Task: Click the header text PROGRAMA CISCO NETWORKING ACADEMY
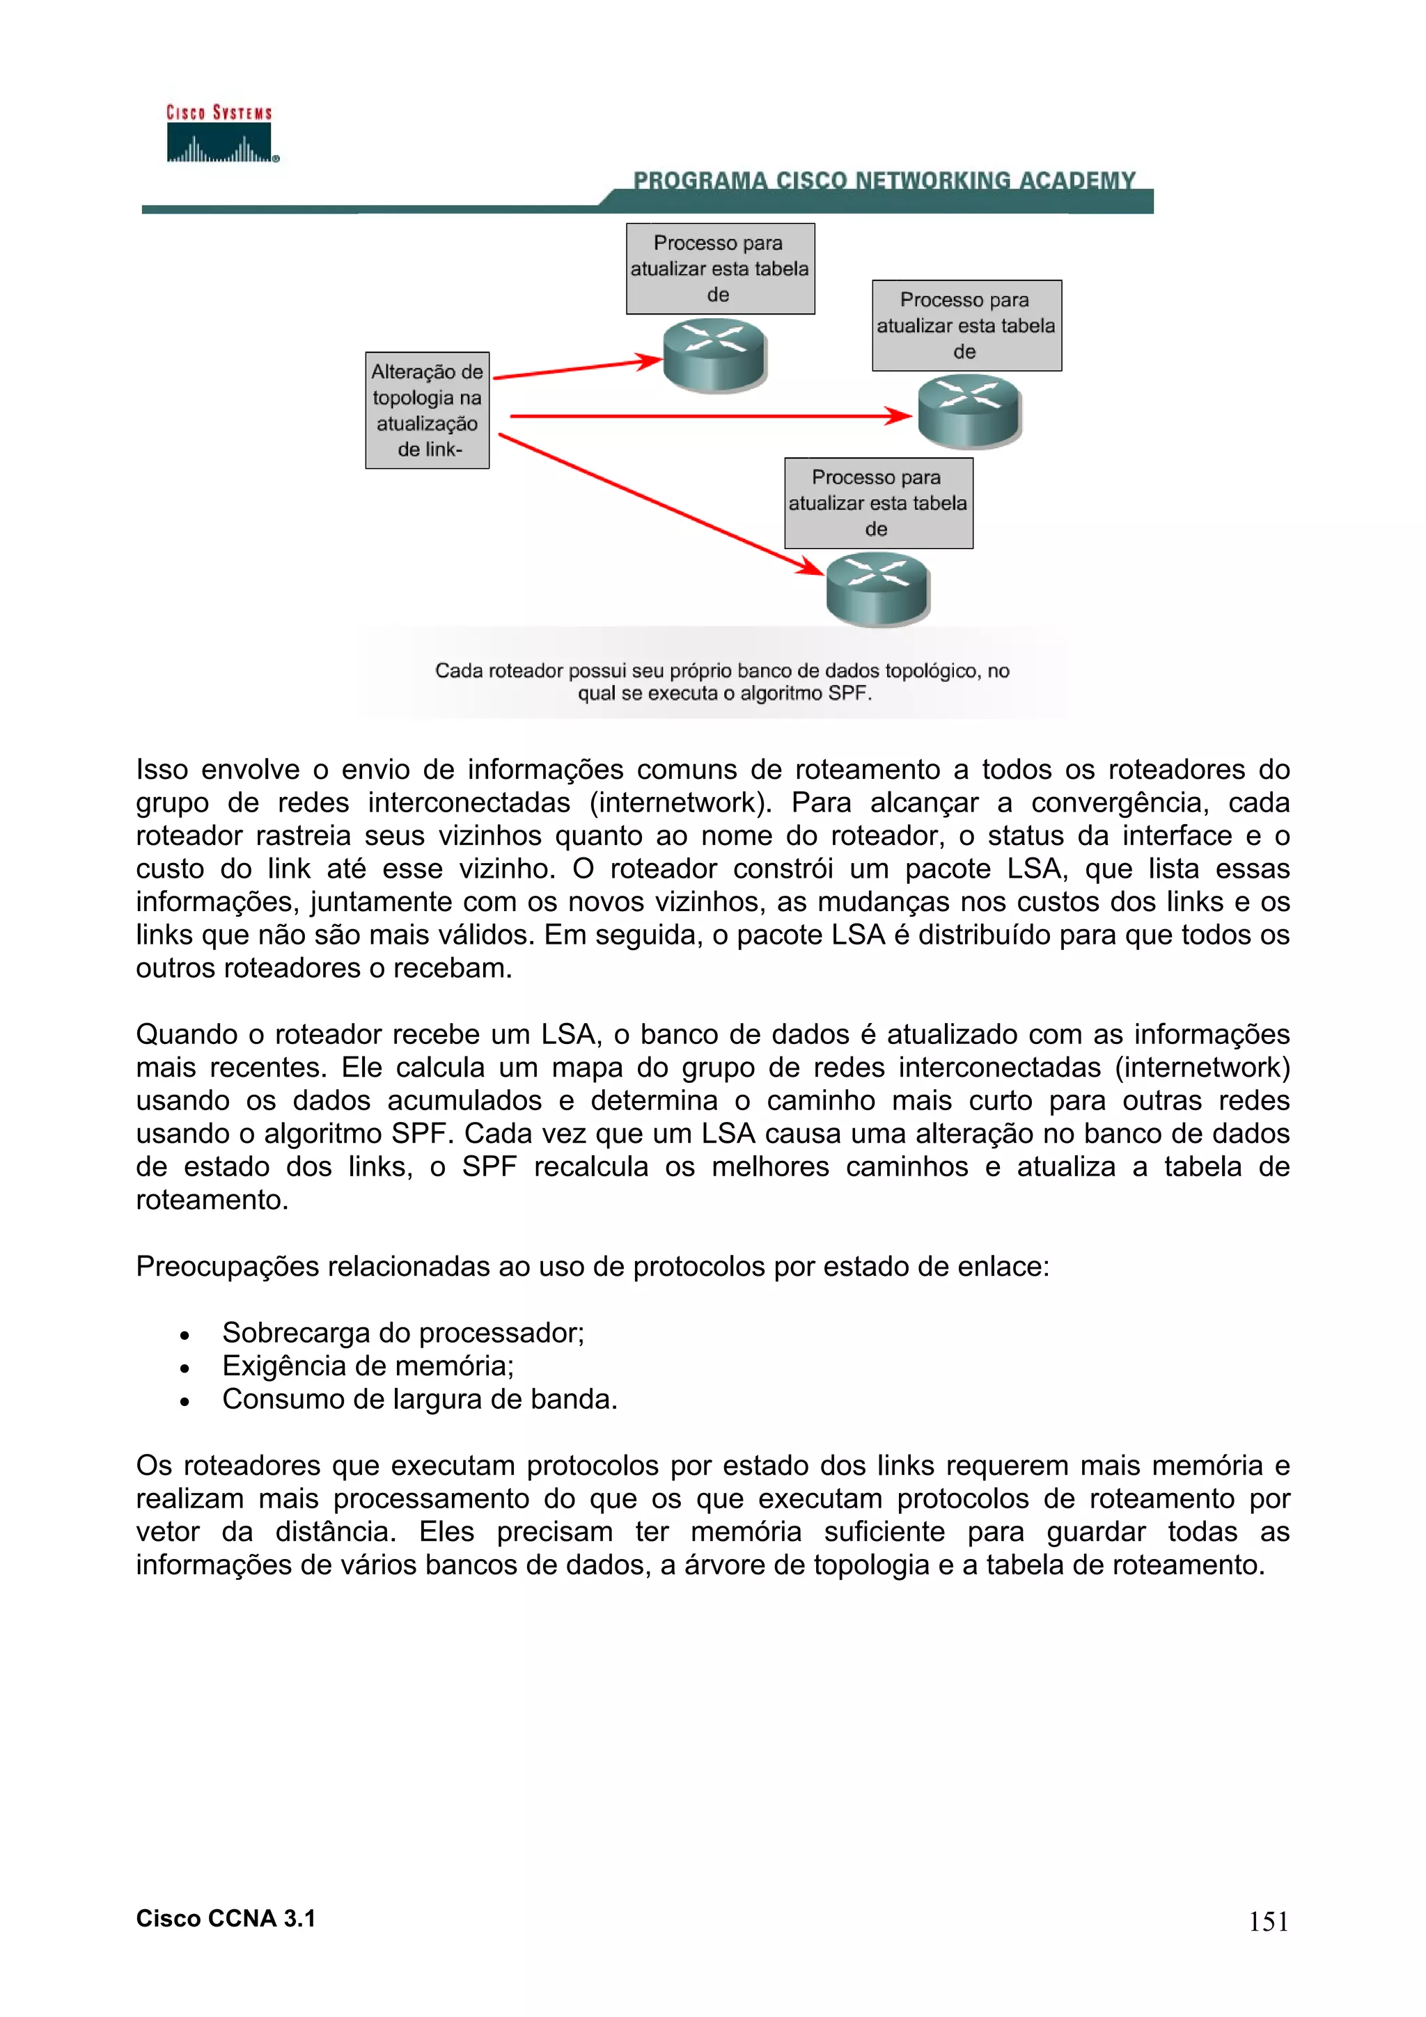(x=884, y=180)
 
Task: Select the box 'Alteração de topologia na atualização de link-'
(x=427, y=410)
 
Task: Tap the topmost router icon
(x=714, y=354)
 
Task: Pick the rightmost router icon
(x=969, y=411)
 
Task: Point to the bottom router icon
(x=877, y=589)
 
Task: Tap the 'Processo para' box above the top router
(x=719, y=269)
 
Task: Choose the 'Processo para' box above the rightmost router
(x=966, y=326)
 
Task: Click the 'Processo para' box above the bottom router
(x=878, y=503)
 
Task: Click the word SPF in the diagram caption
(x=848, y=694)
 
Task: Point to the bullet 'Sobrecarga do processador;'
(x=402, y=1333)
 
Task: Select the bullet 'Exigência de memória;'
(x=367, y=1366)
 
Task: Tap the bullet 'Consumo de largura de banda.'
(x=419, y=1400)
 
